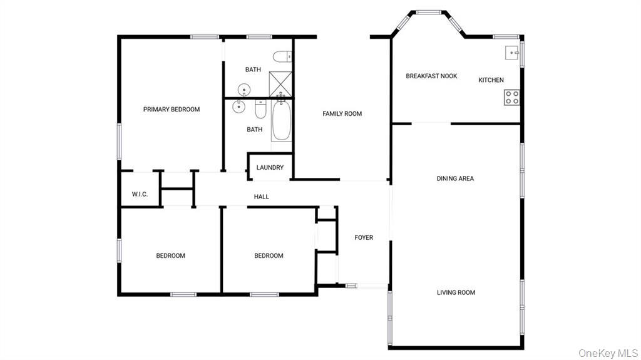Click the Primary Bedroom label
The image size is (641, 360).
[x=172, y=109]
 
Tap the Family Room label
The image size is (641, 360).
[x=342, y=114]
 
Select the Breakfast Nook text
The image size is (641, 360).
[x=431, y=76]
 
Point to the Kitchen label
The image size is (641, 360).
[x=491, y=80]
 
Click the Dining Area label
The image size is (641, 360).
[x=455, y=178]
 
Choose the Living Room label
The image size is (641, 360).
[x=456, y=292]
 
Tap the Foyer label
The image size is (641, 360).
[x=364, y=237]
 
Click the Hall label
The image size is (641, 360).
[x=261, y=197]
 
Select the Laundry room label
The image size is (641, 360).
[x=270, y=168]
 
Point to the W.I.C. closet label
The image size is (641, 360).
[x=140, y=194]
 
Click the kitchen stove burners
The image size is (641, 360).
[x=512, y=98]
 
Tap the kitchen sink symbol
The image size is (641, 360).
[x=512, y=53]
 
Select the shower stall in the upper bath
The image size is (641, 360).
[x=280, y=85]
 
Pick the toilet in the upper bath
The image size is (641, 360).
[x=282, y=56]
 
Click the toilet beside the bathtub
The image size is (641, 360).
[x=260, y=109]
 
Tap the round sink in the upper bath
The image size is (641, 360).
[x=244, y=90]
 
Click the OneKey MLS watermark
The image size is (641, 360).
[x=608, y=352]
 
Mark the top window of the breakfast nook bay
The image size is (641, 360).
[x=428, y=13]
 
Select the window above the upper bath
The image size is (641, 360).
[x=259, y=37]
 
